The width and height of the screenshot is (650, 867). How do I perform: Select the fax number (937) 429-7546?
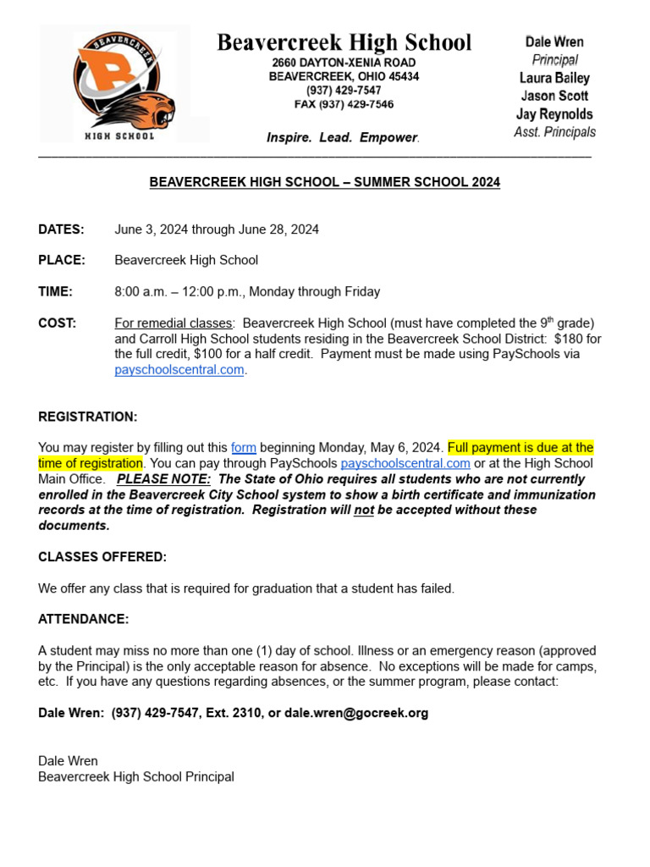355,105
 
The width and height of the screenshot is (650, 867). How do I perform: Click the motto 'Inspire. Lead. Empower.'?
343,137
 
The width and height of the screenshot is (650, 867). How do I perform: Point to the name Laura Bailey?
554,78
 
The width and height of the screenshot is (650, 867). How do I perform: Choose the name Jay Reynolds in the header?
554,114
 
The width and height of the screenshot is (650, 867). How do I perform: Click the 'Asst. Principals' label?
554,132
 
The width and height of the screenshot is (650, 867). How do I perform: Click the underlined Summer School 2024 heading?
324,182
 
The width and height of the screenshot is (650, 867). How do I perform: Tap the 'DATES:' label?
61,229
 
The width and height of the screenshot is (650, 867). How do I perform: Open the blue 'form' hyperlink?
243,448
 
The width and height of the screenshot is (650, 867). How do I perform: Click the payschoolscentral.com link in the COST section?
179,370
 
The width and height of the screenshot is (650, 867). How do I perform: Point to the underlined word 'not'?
363,511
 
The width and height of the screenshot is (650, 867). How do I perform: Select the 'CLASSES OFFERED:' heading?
102,557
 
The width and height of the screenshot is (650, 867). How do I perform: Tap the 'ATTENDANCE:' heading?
83,620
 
